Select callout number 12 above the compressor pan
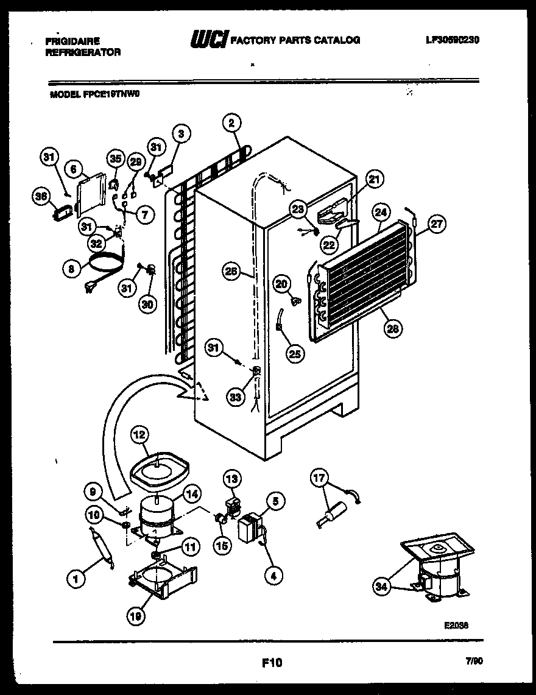pyautogui.click(x=139, y=435)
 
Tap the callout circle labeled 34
pyautogui.click(x=382, y=587)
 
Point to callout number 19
pyautogui.click(x=136, y=616)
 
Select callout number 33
pyautogui.click(x=235, y=397)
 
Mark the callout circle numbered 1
pyautogui.click(x=76, y=580)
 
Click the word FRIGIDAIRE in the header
pyautogui.click(x=72, y=41)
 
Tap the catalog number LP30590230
pyautogui.click(x=453, y=40)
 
